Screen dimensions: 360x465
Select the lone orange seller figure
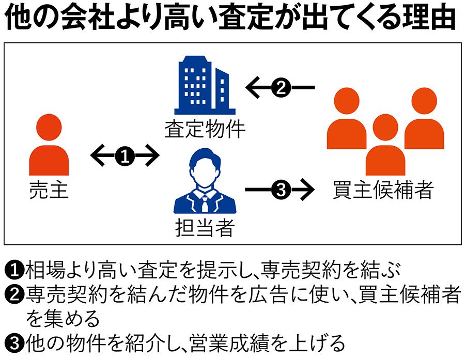click(49, 146)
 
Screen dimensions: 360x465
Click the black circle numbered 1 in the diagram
click(124, 155)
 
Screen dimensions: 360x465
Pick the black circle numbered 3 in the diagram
click(279, 191)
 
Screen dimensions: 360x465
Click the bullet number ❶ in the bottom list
click(13, 270)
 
